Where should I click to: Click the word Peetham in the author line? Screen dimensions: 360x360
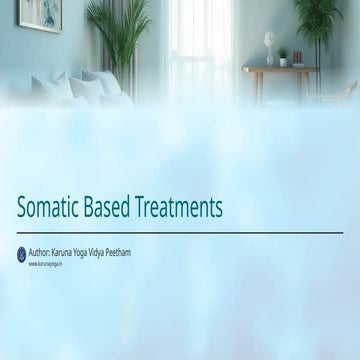tap(122, 252)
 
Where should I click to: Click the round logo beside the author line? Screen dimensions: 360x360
tap(21, 255)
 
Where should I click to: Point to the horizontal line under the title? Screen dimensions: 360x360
tap(180, 232)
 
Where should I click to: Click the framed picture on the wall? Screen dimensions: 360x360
tap(39, 14)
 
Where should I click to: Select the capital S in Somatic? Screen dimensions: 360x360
tap(23, 207)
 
